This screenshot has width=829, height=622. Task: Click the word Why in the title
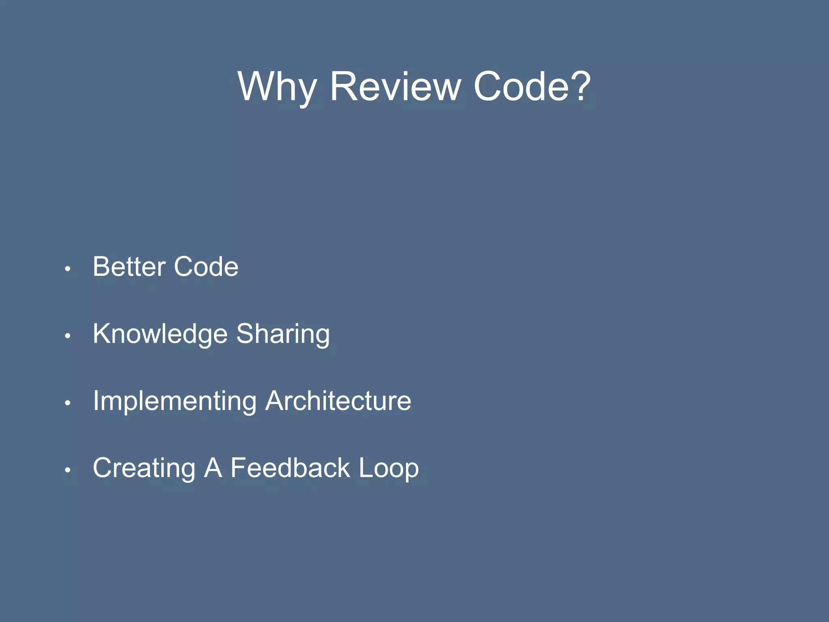pyautogui.click(x=277, y=87)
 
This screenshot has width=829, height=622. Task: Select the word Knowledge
pyautogui.click(x=160, y=334)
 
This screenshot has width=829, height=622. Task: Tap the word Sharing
pyautogui.click(x=283, y=334)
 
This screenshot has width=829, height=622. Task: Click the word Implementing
pyautogui.click(x=174, y=401)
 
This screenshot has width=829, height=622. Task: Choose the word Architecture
pyautogui.click(x=338, y=400)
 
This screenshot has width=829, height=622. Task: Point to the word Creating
pyautogui.click(x=144, y=468)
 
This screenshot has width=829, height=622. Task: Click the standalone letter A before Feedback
pyautogui.click(x=213, y=468)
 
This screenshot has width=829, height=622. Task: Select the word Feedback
pyautogui.click(x=290, y=468)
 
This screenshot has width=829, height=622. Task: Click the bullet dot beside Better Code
pyautogui.click(x=68, y=269)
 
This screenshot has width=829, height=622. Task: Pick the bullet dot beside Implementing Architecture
pyautogui.click(x=68, y=403)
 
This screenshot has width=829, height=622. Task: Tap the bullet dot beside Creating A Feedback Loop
pyautogui.click(x=68, y=470)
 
